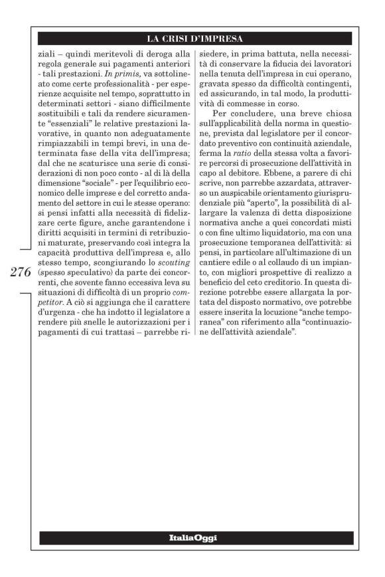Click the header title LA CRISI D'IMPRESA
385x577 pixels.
tap(194, 38)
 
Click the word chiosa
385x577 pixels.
tap(344, 122)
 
